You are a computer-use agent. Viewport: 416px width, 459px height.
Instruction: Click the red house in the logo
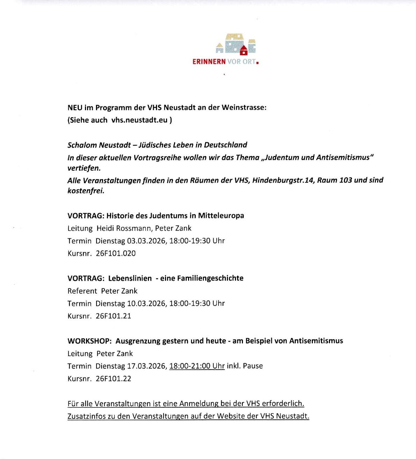[x=244, y=51]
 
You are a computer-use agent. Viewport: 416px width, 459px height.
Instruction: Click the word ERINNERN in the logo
[x=209, y=62]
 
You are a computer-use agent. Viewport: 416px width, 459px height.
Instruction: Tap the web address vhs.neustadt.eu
[x=139, y=120]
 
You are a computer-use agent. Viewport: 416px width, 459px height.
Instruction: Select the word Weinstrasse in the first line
[x=246, y=108]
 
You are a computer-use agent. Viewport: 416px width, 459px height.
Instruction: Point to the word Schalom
[x=82, y=145]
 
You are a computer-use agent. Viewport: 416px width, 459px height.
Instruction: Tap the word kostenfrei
[x=86, y=191]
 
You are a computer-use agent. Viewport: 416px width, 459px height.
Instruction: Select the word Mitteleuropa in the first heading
[x=221, y=215]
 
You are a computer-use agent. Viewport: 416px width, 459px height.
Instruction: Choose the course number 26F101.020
[x=116, y=253]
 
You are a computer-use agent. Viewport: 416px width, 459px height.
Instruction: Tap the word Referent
[x=82, y=291]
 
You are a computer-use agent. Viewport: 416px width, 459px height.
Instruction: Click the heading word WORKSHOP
[x=89, y=341]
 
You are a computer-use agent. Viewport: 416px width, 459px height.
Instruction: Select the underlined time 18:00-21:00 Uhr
[x=197, y=366]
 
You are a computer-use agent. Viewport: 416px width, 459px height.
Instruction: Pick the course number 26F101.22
[x=113, y=379]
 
